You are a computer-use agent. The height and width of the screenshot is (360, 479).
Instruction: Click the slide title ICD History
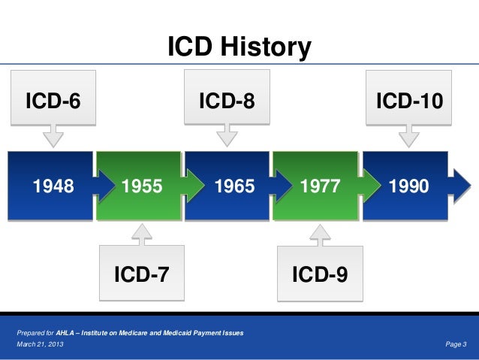pos(239,48)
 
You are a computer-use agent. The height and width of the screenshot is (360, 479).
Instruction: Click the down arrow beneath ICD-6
pos(53,138)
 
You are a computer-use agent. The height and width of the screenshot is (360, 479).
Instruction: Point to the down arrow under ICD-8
pos(226,138)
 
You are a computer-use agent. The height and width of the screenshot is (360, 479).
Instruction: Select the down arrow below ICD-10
pos(409,138)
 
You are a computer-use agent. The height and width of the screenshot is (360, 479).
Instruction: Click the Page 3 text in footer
pos(456,344)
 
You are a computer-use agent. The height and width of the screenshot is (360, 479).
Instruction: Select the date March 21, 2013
pos(40,344)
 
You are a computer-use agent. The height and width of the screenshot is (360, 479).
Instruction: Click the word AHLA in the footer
pos(67,332)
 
